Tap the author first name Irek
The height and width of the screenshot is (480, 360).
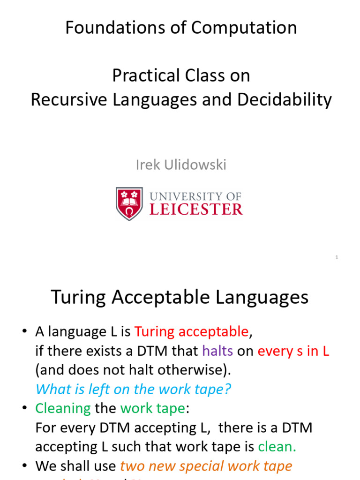[147, 165]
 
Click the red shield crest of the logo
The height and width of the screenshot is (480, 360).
[129, 203]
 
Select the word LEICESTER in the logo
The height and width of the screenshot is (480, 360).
[196, 209]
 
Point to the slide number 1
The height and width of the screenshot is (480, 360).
[337, 257]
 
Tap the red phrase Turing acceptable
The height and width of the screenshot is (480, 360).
[191, 332]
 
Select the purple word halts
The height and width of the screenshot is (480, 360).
[217, 351]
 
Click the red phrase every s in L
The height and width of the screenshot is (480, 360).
[293, 351]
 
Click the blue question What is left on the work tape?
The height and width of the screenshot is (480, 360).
[134, 389]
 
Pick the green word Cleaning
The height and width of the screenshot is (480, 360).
[63, 408]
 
